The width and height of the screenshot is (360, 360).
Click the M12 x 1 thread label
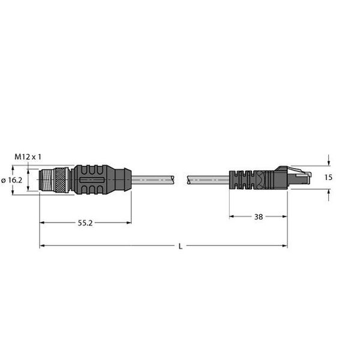[x=28, y=157]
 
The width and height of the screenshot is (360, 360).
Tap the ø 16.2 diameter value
[x=11, y=179]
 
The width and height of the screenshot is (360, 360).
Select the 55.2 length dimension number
[x=85, y=223]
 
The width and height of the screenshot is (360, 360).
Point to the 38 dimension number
[x=258, y=217]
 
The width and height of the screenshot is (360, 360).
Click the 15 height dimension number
[x=328, y=178]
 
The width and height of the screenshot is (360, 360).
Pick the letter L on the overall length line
[x=180, y=246]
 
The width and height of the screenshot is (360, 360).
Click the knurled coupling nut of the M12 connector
[x=61, y=179]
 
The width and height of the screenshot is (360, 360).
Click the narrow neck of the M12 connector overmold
[x=123, y=179]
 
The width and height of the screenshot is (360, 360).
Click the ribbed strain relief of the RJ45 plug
[x=242, y=179]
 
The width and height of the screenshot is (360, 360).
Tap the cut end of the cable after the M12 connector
[x=173, y=179]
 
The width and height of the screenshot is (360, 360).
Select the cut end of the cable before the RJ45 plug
[x=190, y=179]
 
